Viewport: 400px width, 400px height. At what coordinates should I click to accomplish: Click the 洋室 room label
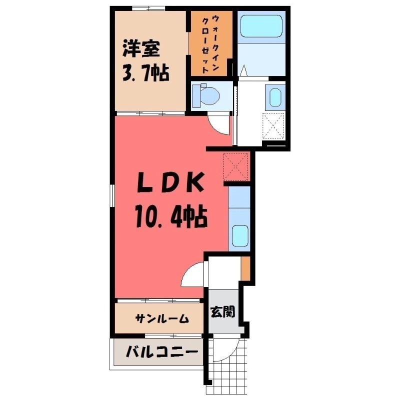coord(141,48)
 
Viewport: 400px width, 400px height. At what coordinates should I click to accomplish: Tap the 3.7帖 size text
coord(145,73)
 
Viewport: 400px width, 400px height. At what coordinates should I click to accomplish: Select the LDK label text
coord(170,182)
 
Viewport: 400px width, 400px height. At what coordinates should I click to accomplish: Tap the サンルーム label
coord(162,318)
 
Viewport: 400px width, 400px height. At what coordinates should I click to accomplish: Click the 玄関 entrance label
coord(222,311)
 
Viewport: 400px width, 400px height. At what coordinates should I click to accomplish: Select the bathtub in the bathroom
coord(261,26)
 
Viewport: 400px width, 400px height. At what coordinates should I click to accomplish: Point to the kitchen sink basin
coord(240,235)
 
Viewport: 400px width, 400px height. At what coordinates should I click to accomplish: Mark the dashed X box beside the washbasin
coord(273,126)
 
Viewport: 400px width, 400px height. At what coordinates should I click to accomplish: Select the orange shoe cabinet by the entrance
coord(245,268)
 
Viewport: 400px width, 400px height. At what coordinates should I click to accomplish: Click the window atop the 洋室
coord(148,8)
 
